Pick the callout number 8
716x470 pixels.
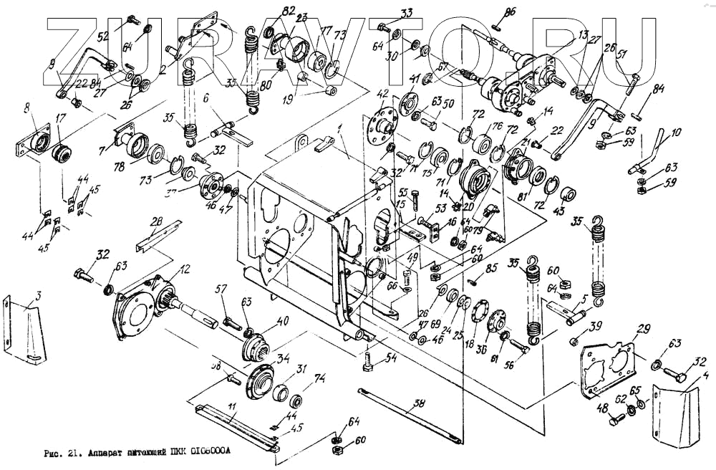pos(26,109)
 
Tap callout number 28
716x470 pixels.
pos(157,224)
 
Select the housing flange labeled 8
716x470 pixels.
pos(32,140)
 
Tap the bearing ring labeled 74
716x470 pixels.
pos(296,399)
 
